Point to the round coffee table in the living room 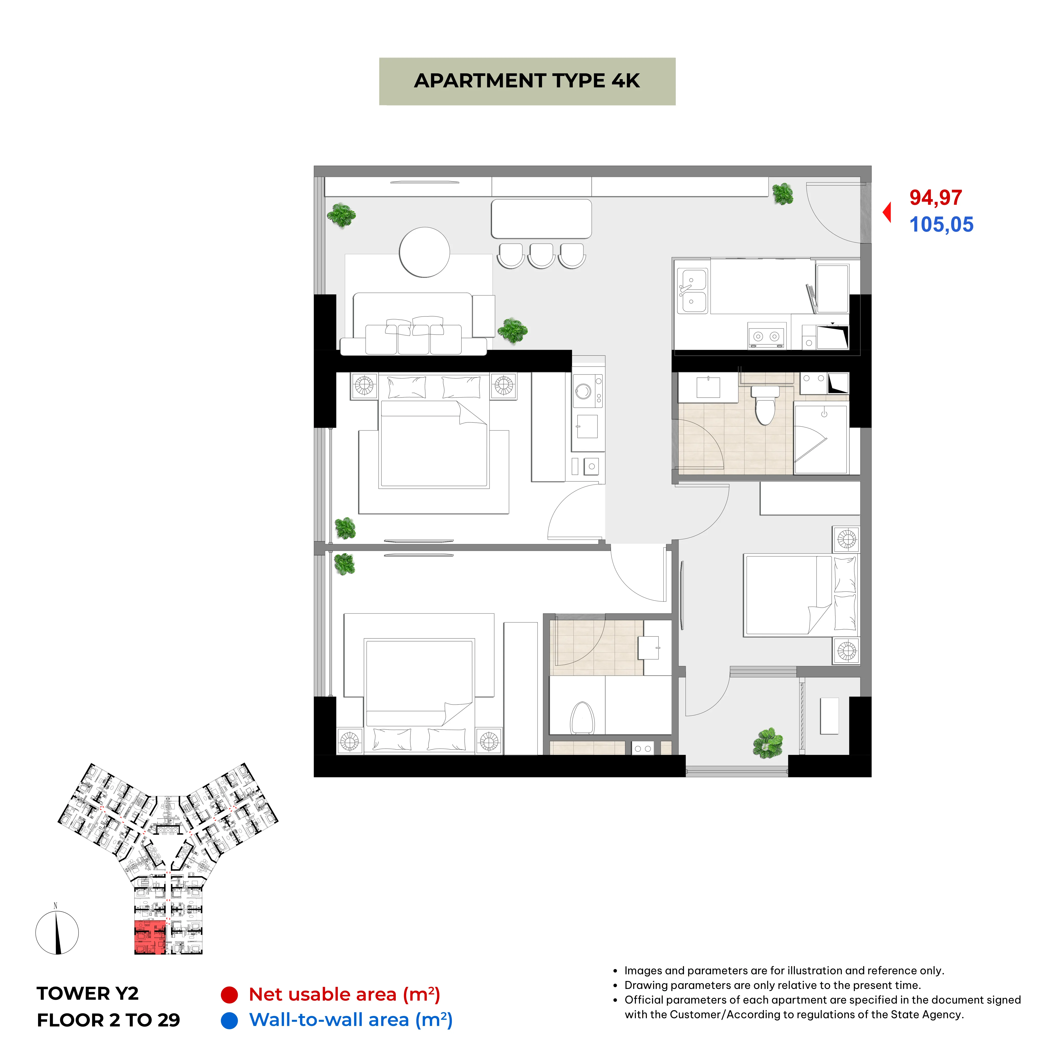coord(424,252)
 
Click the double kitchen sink coord(693,291)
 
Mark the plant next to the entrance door coord(783,194)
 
